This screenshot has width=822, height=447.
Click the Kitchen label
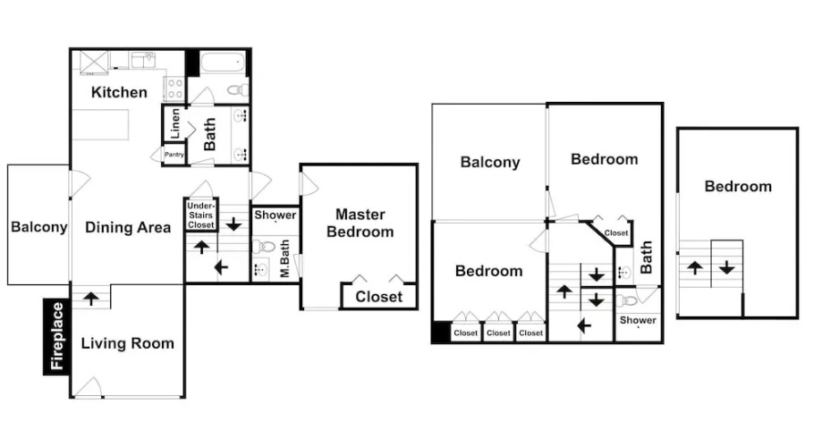pyautogui.click(x=119, y=92)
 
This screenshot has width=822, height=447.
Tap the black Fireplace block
pyautogui.click(x=56, y=336)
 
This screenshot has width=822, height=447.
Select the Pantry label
pyautogui.click(x=174, y=155)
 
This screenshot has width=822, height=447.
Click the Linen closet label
pyautogui.click(x=175, y=123)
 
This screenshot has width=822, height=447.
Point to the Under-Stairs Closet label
pyautogui.click(x=200, y=215)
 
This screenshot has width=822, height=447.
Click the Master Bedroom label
pyautogui.click(x=360, y=223)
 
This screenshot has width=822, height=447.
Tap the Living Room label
pyautogui.click(x=127, y=343)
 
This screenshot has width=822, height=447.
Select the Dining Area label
pyautogui.click(x=128, y=227)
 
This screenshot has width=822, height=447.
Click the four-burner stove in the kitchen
pyautogui.click(x=175, y=89)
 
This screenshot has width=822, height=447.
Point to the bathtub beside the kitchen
pyautogui.click(x=223, y=63)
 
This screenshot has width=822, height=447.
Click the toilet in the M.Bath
pyautogui.click(x=264, y=246)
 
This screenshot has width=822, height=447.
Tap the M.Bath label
pyautogui.click(x=284, y=258)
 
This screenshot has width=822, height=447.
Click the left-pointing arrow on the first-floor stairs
pyautogui.click(x=221, y=268)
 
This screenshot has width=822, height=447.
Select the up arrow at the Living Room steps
pyautogui.click(x=91, y=299)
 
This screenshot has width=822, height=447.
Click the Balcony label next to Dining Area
pyautogui.click(x=39, y=227)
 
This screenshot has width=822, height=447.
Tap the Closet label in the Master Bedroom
pyautogui.click(x=379, y=297)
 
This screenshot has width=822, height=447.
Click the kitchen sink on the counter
pyautogui.click(x=142, y=60)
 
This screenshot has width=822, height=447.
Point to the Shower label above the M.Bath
pyautogui.click(x=275, y=215)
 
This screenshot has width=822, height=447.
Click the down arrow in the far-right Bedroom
pyautogui.click(x=726, y=268)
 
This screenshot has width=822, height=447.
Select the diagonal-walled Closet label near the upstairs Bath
pyautogui.click(x=616, y=232)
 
